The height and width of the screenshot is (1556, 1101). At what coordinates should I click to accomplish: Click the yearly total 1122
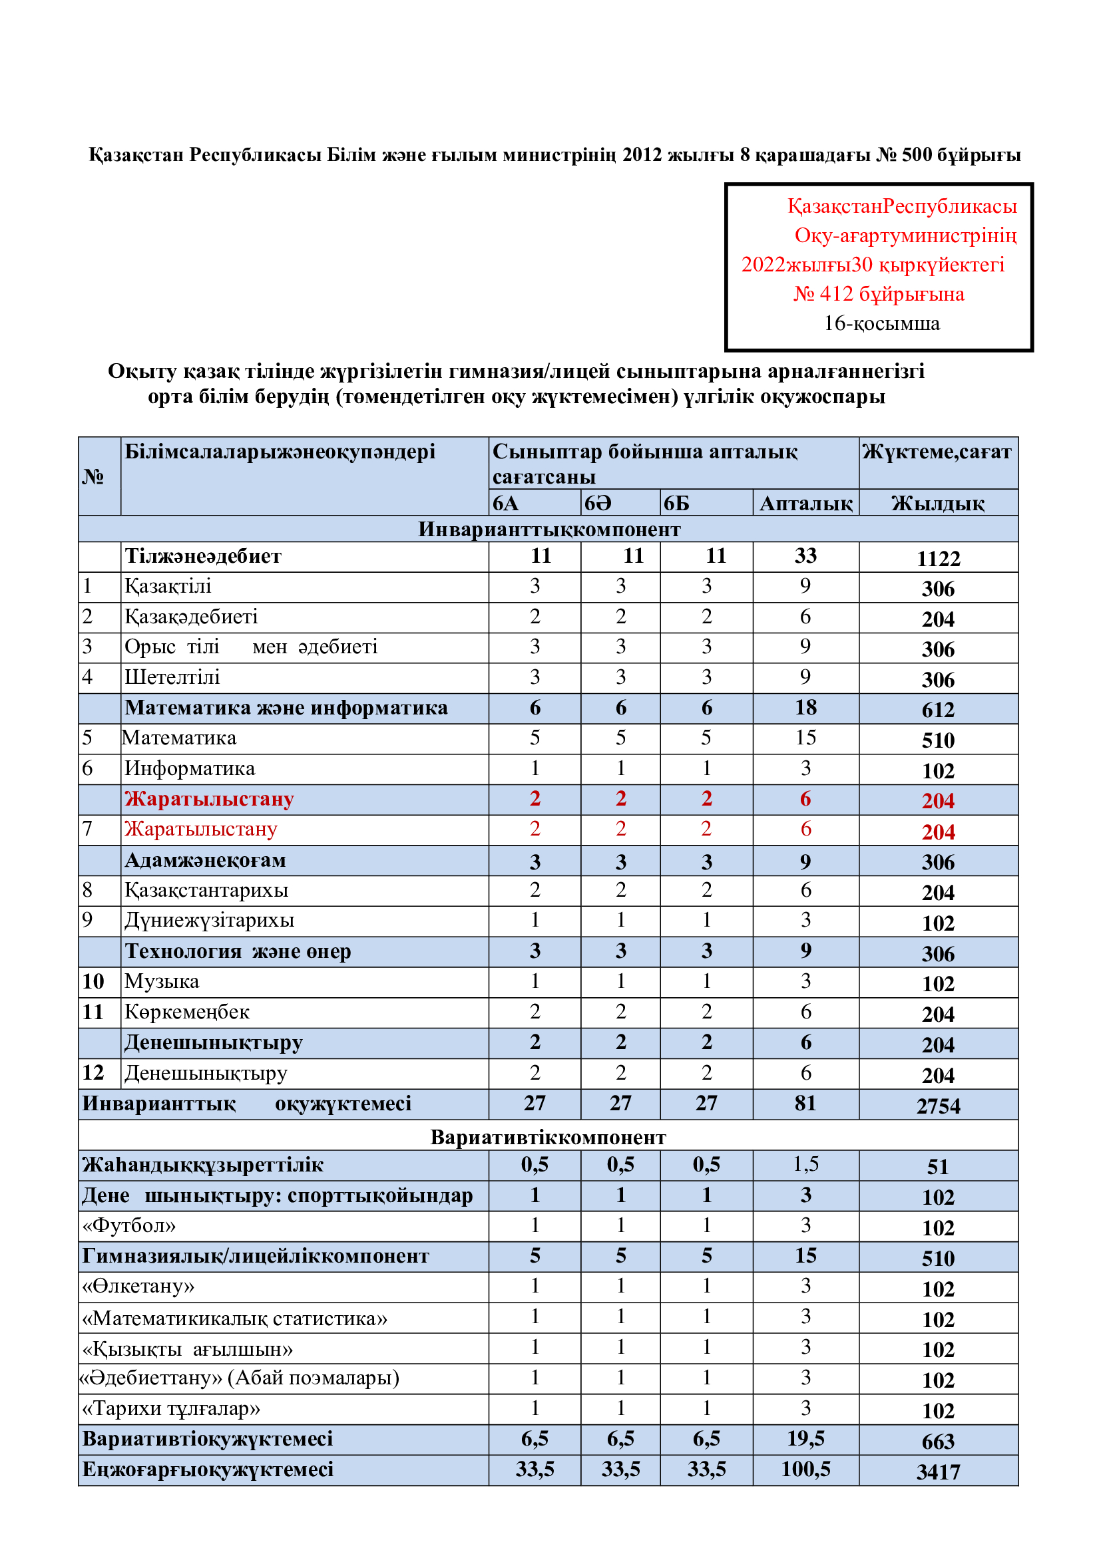tap(938, 558)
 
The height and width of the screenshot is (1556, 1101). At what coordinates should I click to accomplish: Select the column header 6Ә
tap(597, 503)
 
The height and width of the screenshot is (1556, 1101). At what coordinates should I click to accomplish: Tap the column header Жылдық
tap(938, 503)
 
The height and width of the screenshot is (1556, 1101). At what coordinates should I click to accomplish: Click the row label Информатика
tap(190, 768)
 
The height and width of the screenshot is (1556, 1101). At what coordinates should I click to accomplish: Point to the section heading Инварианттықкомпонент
tap(549, 530)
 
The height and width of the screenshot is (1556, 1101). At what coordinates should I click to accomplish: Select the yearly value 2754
tap(938, 1106)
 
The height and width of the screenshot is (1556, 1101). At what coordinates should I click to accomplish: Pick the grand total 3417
tap(938, 1472)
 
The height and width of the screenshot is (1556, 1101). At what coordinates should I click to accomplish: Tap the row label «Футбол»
tap(129, 1225)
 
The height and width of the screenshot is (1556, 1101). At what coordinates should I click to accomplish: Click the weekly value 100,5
tap(805, 1470)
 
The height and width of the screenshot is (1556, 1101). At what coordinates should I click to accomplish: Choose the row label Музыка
tap(162, 981)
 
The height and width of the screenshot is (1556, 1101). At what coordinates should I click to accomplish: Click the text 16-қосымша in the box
tap(881, 323)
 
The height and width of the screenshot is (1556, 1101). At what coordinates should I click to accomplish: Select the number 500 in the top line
tap(917, 154)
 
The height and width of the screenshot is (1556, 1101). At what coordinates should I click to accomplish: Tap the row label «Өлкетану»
tap(138, 1286)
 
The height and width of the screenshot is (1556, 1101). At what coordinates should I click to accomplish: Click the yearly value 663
tap(938, 1442)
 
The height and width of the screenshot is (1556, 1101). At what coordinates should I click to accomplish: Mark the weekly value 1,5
tap(805, 1164)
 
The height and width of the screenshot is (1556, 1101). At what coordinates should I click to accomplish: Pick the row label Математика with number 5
tap(180, 738)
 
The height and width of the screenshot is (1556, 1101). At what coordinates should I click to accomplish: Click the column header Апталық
tap(805, 503)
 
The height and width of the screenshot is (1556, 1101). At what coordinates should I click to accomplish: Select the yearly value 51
tap(938, 1167)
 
